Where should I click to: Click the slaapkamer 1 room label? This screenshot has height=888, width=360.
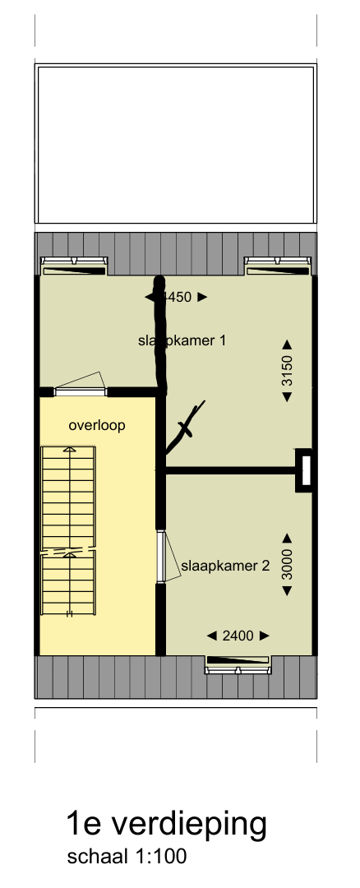[182, 340]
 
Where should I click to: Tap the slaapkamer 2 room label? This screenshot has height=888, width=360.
[225, 566]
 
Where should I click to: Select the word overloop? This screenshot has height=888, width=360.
[97, 426]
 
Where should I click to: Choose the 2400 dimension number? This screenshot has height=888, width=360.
[238, 636]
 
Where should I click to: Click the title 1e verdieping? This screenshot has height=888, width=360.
[167, 824]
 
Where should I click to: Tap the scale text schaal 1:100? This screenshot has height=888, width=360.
[127, 857]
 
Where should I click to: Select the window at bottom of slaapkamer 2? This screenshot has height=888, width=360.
[238, 664]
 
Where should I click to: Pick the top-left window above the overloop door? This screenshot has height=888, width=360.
[74, 266]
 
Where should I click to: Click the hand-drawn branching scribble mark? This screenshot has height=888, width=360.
[185, 428]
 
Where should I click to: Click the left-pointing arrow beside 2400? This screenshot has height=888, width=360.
[212, 636]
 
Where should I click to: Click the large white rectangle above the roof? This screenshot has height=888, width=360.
[175, 145]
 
